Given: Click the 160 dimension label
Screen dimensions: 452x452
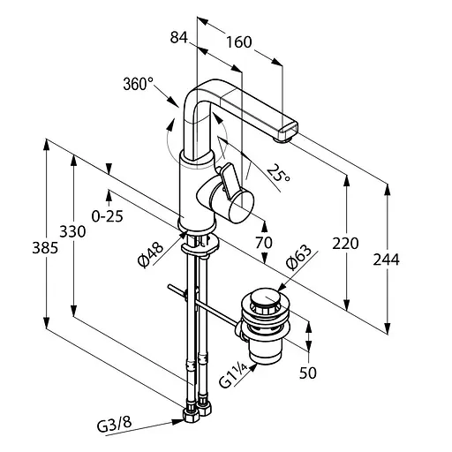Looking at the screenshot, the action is pyautogui.click(x=238, y=42).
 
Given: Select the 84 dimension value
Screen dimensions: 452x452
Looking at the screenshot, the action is pyautogui.click(x=179, y=38).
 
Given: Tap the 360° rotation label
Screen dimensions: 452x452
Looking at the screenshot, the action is pyautogui.click(x=139, y=84).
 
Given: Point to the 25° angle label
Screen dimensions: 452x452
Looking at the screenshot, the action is pyautogui.click(x=278, y=173).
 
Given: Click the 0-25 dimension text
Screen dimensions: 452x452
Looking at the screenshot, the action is pyautogui.click(x=107, y=217).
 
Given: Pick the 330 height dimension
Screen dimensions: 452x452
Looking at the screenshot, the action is pyautogui.click(x=72, y=231).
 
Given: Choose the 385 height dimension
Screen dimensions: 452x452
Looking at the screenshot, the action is pyautogui.click(x=45, y=248).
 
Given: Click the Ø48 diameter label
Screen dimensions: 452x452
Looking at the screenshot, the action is pyautogui.click(x=150, y=254).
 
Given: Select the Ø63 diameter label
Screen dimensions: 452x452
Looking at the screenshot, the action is pyautogui.click(x=298, y=258).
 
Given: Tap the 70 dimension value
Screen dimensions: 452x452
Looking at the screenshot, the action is pyautogui.click(x=264, y=243).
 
